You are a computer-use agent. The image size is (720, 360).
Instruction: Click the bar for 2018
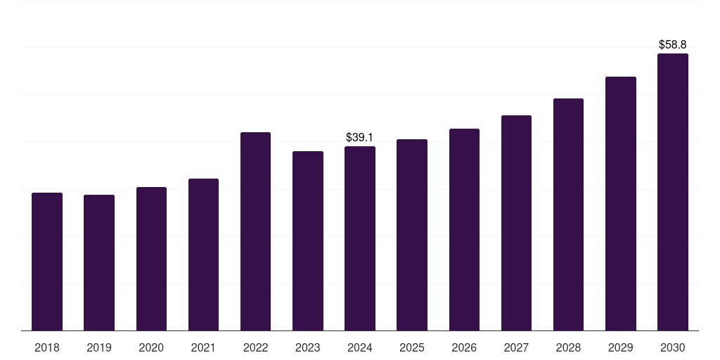[47, 262]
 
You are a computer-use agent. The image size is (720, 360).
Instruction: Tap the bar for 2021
[203, 255]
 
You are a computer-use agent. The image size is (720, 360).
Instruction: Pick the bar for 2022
[255, 231]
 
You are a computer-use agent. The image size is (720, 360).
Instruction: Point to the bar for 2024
[360, 238]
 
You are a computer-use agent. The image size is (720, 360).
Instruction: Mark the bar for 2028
[568, 214]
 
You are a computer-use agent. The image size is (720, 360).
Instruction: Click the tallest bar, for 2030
[673, 192]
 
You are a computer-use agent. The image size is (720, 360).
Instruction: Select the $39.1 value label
[360, 138]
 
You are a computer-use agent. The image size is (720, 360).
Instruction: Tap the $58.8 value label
[673, 44]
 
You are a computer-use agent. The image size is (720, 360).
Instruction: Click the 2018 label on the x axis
[47, 347]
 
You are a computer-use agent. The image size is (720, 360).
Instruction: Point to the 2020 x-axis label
[151, 347]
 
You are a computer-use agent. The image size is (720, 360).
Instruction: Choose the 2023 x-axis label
[308, 347]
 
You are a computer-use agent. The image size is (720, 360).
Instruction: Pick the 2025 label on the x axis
[412, 347]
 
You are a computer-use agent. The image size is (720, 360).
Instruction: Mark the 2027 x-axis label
[516, 347]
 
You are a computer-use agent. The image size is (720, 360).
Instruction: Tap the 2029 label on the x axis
[621, 347]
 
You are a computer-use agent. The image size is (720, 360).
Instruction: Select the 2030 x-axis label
[673, 347]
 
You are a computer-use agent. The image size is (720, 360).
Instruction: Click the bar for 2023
[308, 240]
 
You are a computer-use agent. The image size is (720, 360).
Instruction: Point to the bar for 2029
[621, 203]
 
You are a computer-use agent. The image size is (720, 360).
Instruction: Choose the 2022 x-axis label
[255, 347]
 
